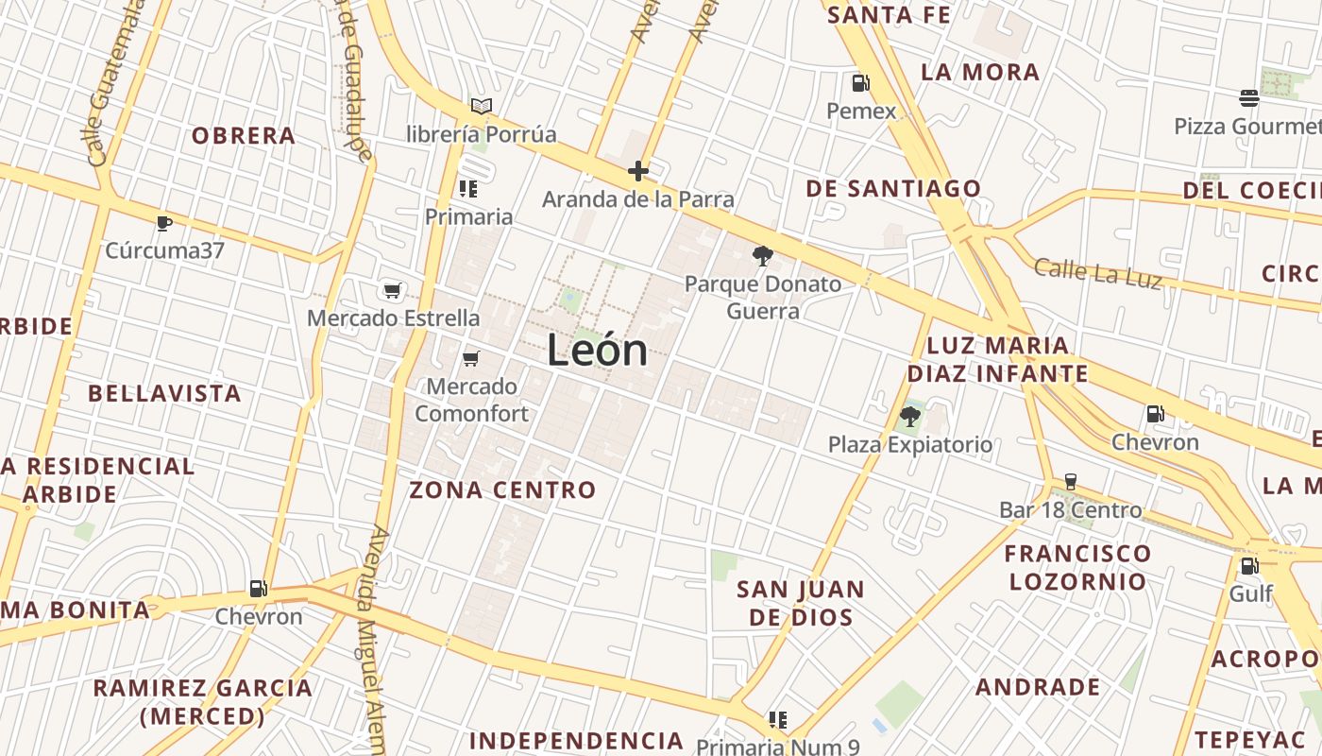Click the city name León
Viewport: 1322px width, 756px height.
pyautogui.click(x=598, y=352)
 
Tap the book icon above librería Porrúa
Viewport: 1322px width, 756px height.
pyautogui.click(x=482, y=106)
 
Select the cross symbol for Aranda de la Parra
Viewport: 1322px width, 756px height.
pyautogui.click(x=638, y=171)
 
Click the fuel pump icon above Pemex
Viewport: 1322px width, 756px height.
pyautogui.click(x=860, y=83)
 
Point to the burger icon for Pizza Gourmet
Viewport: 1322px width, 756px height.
pyautogui.click(x=1249, y=98)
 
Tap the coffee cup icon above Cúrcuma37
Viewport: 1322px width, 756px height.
pyautogui.click(x=164, y=223)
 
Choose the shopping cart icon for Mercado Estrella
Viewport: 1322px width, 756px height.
pyautogui.click(x=392, y=290)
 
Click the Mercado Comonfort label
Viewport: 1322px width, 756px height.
pyautogui.click(x=471, y=400)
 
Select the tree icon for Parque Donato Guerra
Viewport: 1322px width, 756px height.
pyautogui.click(x=762, y=255)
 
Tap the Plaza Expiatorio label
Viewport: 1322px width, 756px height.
pyautogui.click(x=910, y=444)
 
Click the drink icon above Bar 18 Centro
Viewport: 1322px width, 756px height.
pyautogui.click(x=1070, y=482)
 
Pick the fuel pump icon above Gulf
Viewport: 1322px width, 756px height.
pyautogui.click(x=1249, y=566)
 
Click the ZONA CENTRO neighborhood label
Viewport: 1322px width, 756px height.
pyautogui.click(x=502, y=490)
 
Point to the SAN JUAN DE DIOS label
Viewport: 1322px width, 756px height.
pyautogui.click(x=801, y=603)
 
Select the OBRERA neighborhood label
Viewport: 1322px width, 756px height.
pyautogui.click(x=244, y=136)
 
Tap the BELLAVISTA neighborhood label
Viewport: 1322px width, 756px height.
pyautogui.click(x=165, y=393)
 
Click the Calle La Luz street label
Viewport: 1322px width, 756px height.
pyautogui.click(x=1097, y=272)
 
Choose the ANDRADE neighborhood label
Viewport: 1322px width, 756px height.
pyautogui.click(x=1038, y=687)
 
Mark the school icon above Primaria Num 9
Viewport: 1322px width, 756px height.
pyautogui.click(x=777, y=720)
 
